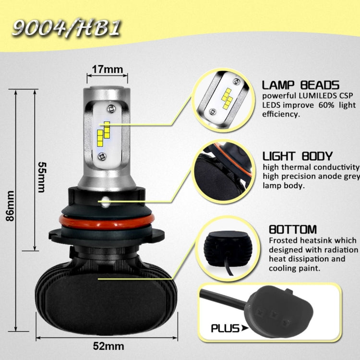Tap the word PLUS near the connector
point(226,328)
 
